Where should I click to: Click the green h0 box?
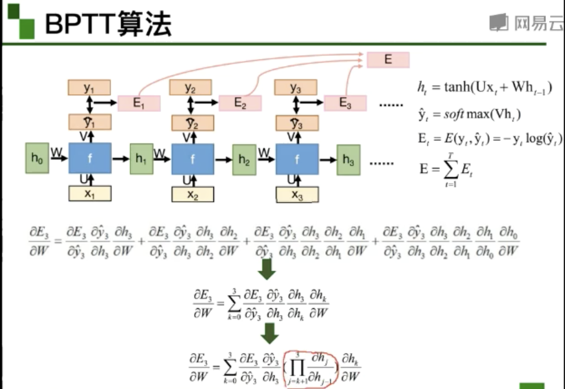coord(37,158)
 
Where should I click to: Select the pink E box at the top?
coord(388,59)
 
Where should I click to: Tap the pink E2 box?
coord(240,103)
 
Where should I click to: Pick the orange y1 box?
coord(89,88)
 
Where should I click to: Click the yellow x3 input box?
coord(297,194)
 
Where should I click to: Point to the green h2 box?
coord(244,160)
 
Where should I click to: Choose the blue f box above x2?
coord(193,159)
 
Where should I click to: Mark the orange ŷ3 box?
coord(297,123)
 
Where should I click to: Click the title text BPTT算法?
coord(108,24)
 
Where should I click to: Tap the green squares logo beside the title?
coord(21,21)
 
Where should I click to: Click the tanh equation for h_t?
coord(485,87)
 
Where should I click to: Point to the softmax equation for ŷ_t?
coord(469,114)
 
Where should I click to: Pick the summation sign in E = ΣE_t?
coord(450,169)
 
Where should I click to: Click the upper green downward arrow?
coord(267,268)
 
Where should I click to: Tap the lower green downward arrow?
coord(270,333)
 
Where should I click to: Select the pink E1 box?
coord(139,103)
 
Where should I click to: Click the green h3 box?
coord(348,160)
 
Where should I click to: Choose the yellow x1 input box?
coord(90,194)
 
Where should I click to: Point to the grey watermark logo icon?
coord(498,22)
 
